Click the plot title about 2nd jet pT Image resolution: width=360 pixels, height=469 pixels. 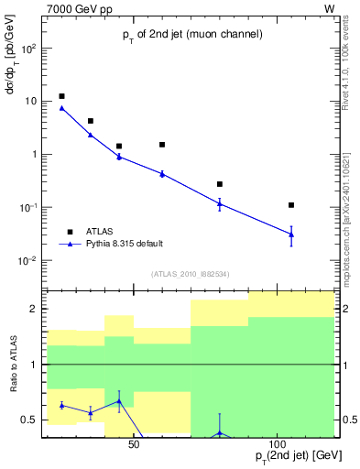pyautogui.click(x=192, y=34)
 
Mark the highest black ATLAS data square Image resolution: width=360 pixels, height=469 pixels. pyautogui.click(x=61, y=96)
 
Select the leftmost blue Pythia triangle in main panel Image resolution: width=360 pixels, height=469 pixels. pyautogui.click(x=61, y=108)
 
